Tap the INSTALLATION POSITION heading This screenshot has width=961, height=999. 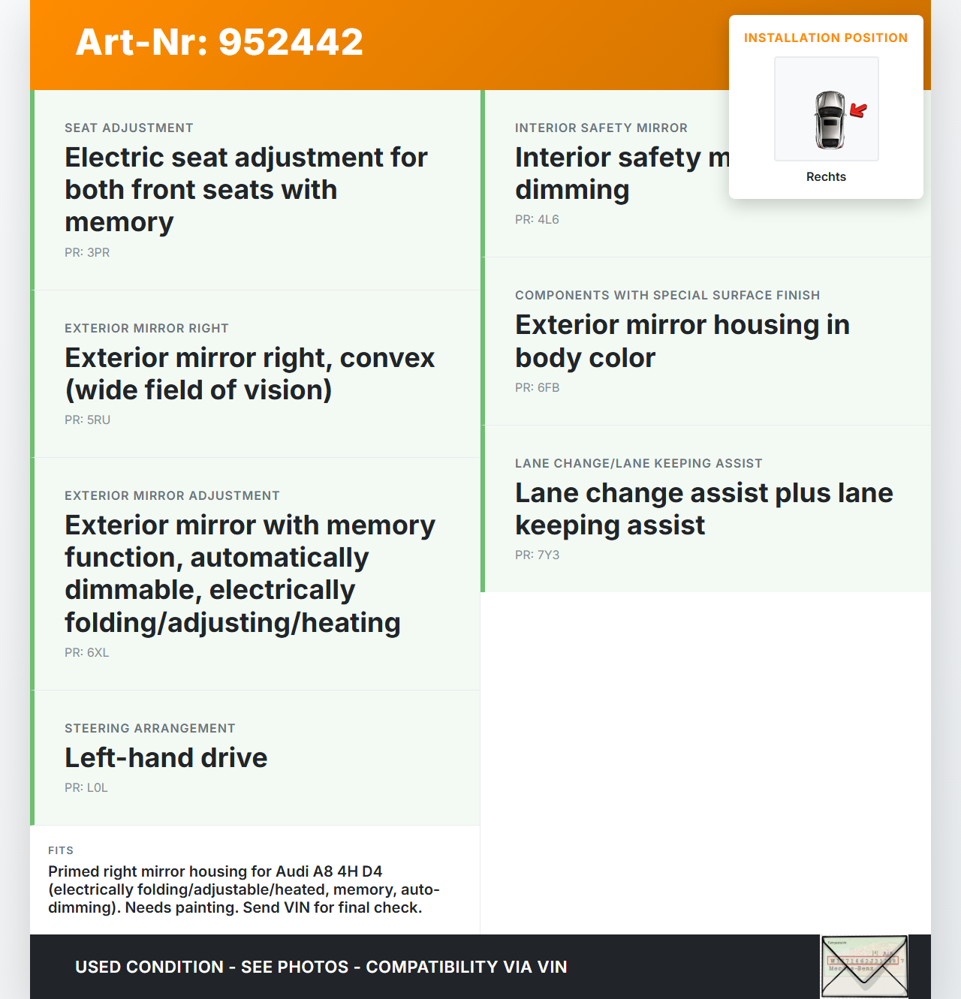[x=825, y=38]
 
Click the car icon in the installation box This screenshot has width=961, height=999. [x=829, y=119]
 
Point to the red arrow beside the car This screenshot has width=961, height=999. [x=858, y=110]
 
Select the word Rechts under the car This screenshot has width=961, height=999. [x=826, y=176]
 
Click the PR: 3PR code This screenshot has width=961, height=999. [x=87, y=252]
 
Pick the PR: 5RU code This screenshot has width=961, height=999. [x=87, y=420]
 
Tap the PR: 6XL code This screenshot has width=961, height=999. [x=87, y=652]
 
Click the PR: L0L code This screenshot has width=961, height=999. [x=86, y=787]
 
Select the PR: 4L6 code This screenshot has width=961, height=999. [x=537, y=219]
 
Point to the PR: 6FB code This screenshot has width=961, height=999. [x=537, y=387]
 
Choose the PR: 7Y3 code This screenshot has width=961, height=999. [x=537, y=555]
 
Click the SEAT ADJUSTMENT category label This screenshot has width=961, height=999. [x=129, y=128]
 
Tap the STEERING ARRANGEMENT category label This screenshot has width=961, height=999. [x=150, y=728]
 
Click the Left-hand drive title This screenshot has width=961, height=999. [x=166, y=757]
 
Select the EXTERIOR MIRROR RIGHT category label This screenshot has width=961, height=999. [x=146, y=328]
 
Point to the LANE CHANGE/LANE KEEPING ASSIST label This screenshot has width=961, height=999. [x=638, y=463]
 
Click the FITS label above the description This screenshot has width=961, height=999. [x=61, y=850]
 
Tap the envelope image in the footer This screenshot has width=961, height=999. [x=864, y=967]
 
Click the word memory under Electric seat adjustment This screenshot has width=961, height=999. [x=119, y=222]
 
